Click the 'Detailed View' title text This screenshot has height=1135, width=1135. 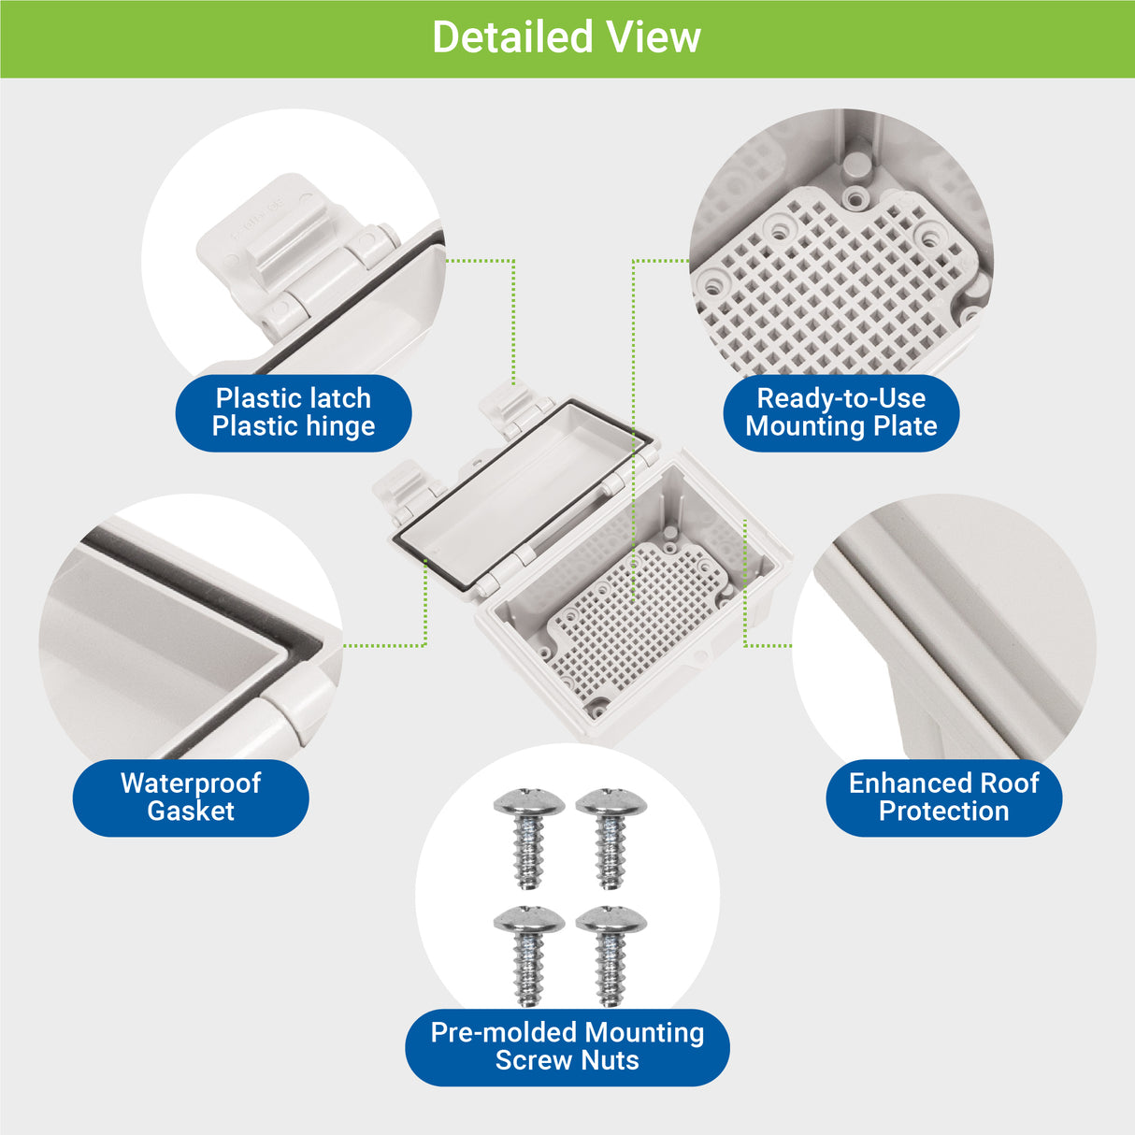click(566, 38)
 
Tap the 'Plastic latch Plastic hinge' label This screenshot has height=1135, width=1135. click(294, 412)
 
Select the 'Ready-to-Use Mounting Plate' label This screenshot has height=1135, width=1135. click(840, 412)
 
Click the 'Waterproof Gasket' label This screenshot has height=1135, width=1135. click(191, 797)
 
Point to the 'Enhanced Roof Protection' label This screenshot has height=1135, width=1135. click(943, 797)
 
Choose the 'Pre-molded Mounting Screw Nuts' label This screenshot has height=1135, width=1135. click(567, 1046)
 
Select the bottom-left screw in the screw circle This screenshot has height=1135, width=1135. click(528, 953)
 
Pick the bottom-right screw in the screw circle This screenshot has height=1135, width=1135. click(611, 953)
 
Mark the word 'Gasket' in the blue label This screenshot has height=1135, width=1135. click(191, 812)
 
